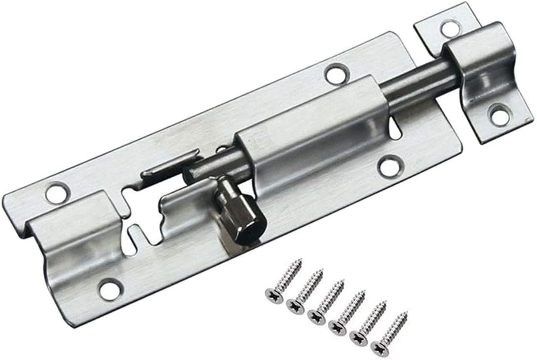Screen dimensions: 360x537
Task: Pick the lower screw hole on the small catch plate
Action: pyautogui.click(x=499, y=116)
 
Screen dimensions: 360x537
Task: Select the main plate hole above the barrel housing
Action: pyautogui.click(x=337, y=74)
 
